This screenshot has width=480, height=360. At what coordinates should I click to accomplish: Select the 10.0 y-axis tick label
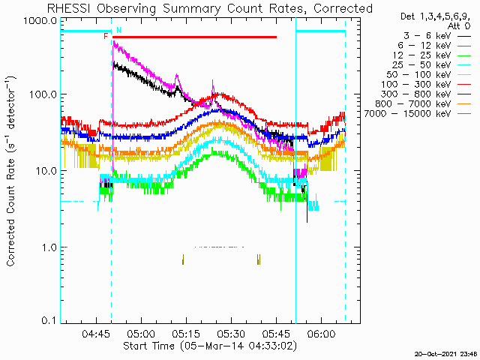[x=44, y=171]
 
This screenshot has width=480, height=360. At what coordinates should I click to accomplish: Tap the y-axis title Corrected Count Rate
[x=12, y=171]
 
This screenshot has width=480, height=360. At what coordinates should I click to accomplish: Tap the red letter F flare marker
[x=106, y=36]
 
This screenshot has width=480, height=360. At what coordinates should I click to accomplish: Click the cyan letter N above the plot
[x=118, y=30]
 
